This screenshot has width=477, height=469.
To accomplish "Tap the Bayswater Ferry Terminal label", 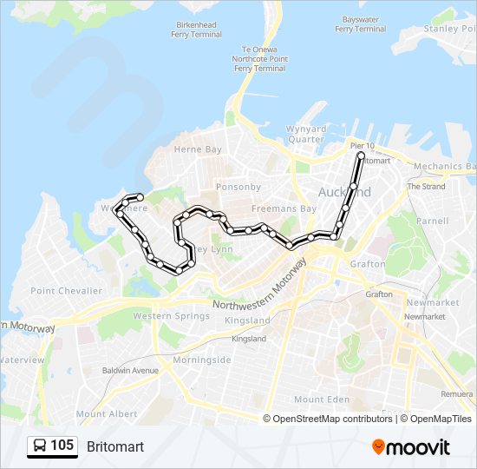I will [x=360, y=23].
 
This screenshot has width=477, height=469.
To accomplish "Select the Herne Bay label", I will [x=198, y=149].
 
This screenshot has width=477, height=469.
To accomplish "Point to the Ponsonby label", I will [x=238, y=187].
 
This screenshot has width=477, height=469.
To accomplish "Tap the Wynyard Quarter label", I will [x=306, y=134].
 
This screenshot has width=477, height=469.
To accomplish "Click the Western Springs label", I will [x=171, y=316].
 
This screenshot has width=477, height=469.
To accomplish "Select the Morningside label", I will [x=201, y=360].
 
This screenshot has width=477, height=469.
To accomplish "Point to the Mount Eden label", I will [x=321, y=399].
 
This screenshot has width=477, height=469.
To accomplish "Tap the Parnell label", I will [x=432, y=221].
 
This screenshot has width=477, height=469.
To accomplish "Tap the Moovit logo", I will [x=411, y=446].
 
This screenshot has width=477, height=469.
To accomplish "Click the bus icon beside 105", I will [x=40, y=446].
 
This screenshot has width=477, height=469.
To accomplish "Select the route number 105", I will [x=62, y=446].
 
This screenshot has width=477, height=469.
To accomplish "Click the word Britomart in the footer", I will [x=115, y=446].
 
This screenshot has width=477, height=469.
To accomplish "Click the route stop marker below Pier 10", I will [x=361, y=156].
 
